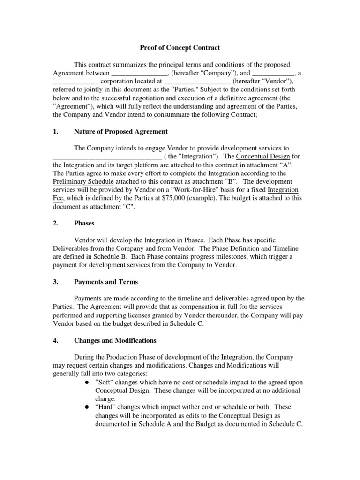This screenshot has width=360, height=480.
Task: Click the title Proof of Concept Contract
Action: click(x=180, y=48)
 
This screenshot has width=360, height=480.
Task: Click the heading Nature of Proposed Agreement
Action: click(x=121, y=131)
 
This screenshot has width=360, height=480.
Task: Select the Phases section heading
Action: click(x=85, y=224)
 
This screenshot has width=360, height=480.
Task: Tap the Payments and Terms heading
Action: click(x=106, y=282)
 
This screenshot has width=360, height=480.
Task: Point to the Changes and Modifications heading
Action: click(x=115, y=340)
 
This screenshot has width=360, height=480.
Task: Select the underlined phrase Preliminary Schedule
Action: click(x=82, y=181)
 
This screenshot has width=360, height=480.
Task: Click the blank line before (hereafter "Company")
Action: click(x=139, y=73)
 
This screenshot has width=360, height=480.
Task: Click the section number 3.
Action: click(x=55, y=282)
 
